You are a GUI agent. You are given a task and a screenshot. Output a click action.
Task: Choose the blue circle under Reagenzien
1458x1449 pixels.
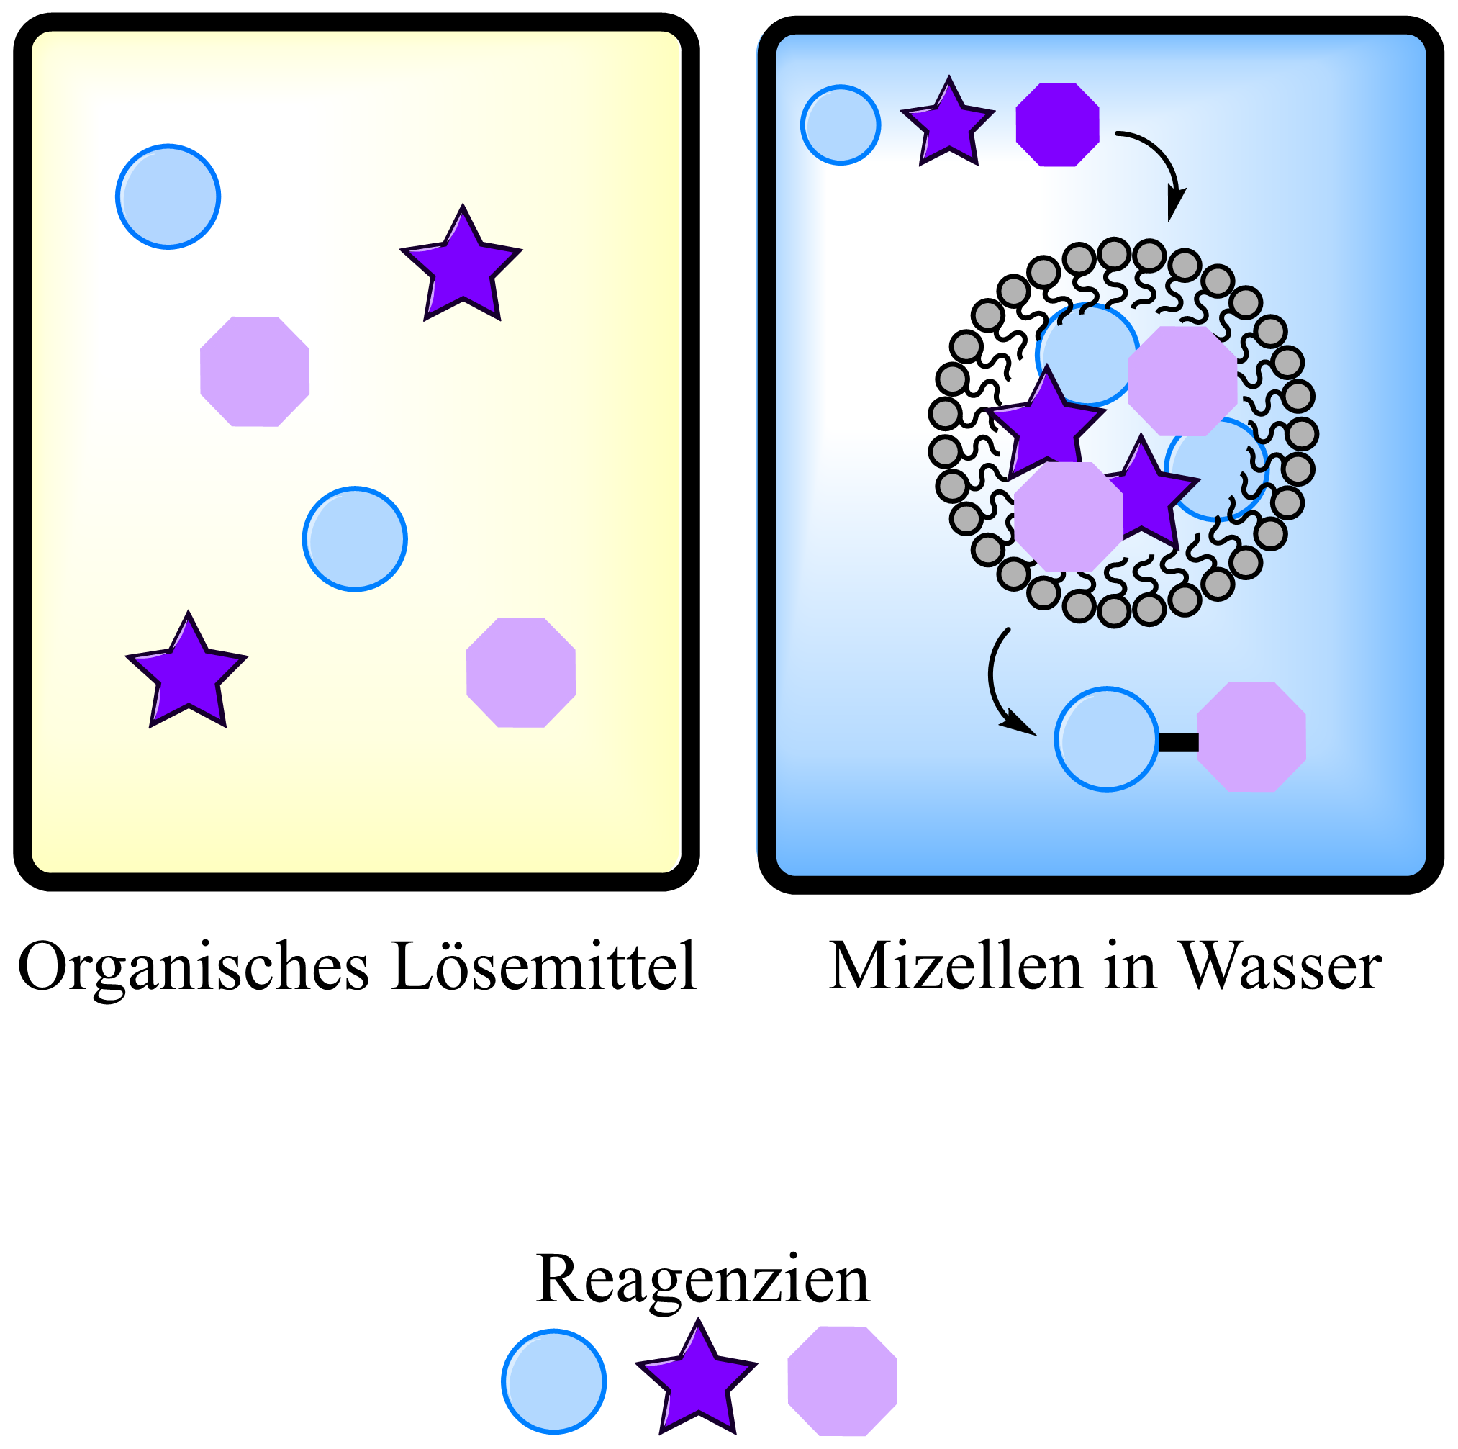554,1381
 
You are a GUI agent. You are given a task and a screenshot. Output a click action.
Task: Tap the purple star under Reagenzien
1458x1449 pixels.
697,1381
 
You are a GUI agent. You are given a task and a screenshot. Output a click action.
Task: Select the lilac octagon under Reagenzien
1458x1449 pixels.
842,1381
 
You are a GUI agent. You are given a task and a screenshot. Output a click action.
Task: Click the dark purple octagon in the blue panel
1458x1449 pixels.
1057,125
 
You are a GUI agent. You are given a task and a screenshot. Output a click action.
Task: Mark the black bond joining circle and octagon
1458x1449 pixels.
1177,743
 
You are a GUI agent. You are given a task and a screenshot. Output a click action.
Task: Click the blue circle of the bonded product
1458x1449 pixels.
1106,739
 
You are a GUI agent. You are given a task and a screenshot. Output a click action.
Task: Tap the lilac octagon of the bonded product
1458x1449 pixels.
1251,737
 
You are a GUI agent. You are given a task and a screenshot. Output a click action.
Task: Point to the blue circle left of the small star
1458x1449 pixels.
840,125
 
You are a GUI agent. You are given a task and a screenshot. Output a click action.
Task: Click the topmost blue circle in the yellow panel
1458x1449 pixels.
168,197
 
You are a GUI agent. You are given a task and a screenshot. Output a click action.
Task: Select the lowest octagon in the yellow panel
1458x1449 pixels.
521,672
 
